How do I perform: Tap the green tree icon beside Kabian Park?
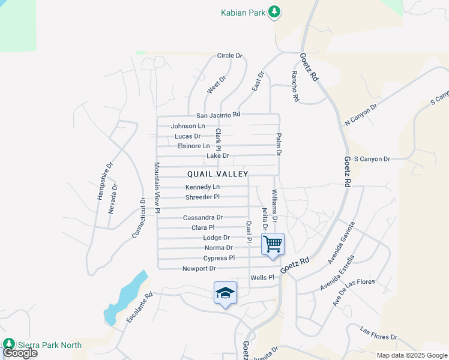(274, 11)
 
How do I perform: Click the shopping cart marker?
(273, 245)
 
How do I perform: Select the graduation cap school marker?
(225, 293)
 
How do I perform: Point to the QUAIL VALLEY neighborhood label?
(217, 174)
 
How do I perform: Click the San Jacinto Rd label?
(218, 115)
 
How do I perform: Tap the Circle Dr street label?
(229, 56)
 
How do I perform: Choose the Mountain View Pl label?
(157, 187)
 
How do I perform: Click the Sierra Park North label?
(49, 344)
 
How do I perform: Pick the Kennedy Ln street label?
(202, 187)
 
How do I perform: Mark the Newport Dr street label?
(199, 268)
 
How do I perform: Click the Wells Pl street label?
(262, 277)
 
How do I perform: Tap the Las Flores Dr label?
(378, 334)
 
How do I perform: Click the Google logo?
(20, 353)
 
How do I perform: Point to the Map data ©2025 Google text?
(411, 355)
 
